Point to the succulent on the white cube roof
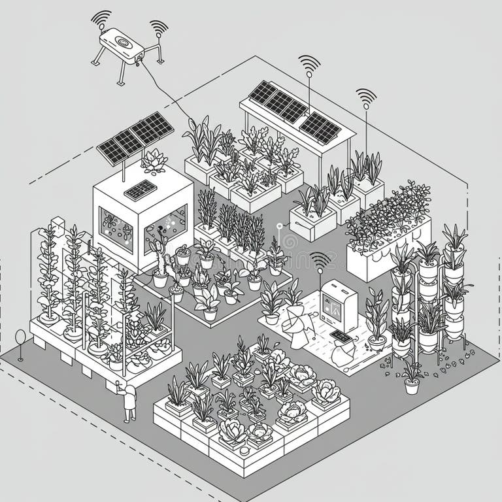[x=154, y=160]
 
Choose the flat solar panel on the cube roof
[x=140, y=190]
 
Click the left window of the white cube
[x=116, y=229]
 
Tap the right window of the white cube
[x=166, y=226]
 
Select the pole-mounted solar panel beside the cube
[x=135, y=137]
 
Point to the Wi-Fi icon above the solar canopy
[x=309, y=63]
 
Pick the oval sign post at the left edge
[x=20, y=340]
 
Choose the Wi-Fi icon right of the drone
[x=159, y=27]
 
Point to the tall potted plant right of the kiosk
[x=378, y=318]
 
